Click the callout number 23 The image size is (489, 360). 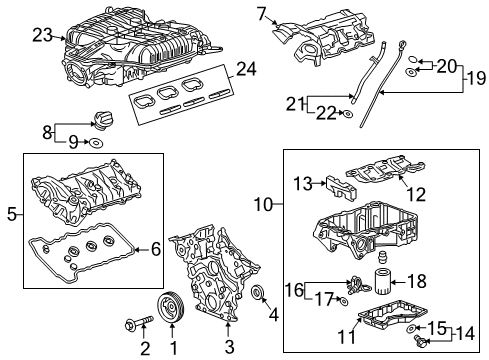pyautogui.click(x=41, y=35)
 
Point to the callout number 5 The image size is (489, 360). pyautogui.click(x=11, y=213)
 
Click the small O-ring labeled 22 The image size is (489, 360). pyautogui.click(x=347, y=116)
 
